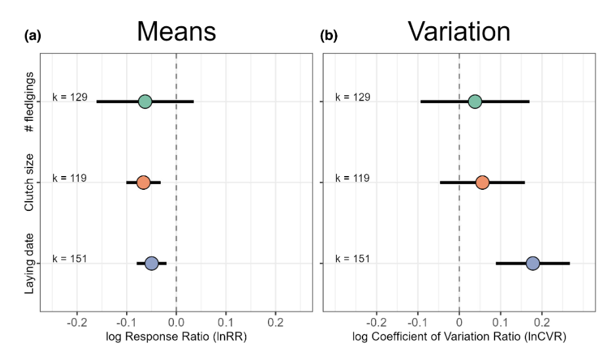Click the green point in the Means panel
[145, 102]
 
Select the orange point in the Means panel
[143, 182]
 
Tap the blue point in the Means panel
[151, 263]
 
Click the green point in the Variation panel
[475, 102]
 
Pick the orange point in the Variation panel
[482, 182]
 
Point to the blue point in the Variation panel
[533, 263]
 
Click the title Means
[176, 32]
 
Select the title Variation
[458, 32]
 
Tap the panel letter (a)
[32, 37]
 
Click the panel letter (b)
[328, 37]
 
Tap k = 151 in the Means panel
[70, 258]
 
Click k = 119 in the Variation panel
[353, 178]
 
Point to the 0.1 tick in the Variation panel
[500, 323]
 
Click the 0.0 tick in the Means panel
[176, 323]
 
